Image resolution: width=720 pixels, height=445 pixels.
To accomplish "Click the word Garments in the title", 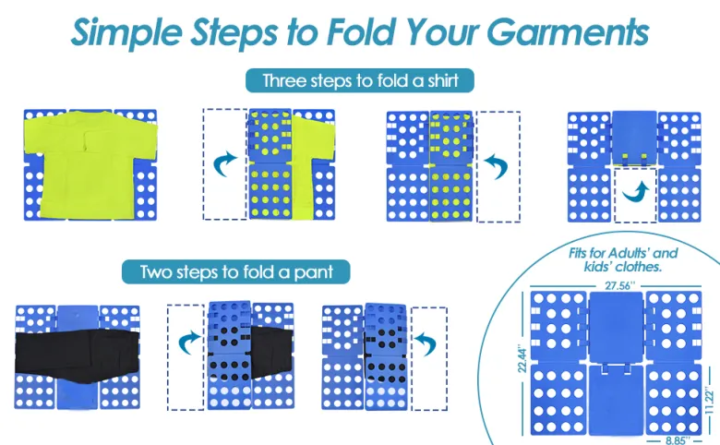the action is [568, 31].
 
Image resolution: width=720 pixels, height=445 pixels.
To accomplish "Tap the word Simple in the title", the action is [126, 33].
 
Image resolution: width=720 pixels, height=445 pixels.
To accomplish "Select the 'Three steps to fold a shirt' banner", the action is [360, 81].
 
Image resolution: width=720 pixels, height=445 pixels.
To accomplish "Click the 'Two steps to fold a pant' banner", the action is [236, 271].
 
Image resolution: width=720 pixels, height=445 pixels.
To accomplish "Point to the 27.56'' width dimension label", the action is [619, 285].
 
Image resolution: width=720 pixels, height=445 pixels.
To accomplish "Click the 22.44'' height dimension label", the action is [522, 358].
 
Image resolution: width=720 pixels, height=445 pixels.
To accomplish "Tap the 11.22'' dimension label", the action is [710, 402].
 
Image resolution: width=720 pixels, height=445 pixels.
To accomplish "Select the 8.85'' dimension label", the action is [677, 440].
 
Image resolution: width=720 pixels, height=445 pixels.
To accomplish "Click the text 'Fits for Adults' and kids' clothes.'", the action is [623, 260].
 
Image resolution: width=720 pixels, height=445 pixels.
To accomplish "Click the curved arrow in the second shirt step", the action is [224, 164].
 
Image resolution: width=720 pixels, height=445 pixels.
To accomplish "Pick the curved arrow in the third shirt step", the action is [497, 166].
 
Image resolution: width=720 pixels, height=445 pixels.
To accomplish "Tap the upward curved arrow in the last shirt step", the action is [636, 192].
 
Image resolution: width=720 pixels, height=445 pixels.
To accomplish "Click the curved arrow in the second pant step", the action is [189, 343].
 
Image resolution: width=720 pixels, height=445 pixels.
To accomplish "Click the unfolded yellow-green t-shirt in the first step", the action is [90, 164].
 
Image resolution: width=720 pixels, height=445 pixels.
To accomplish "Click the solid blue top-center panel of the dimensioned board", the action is [616, 327].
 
